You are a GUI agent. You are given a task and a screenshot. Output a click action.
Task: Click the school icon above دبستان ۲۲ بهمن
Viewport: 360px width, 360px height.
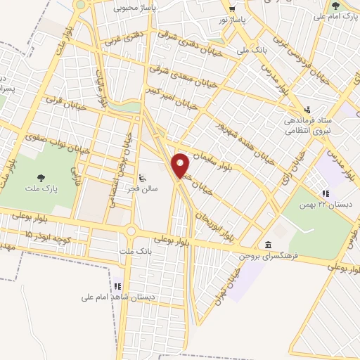coord(325,193)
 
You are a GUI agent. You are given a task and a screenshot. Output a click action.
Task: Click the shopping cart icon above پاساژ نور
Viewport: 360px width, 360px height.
coord(232,8)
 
